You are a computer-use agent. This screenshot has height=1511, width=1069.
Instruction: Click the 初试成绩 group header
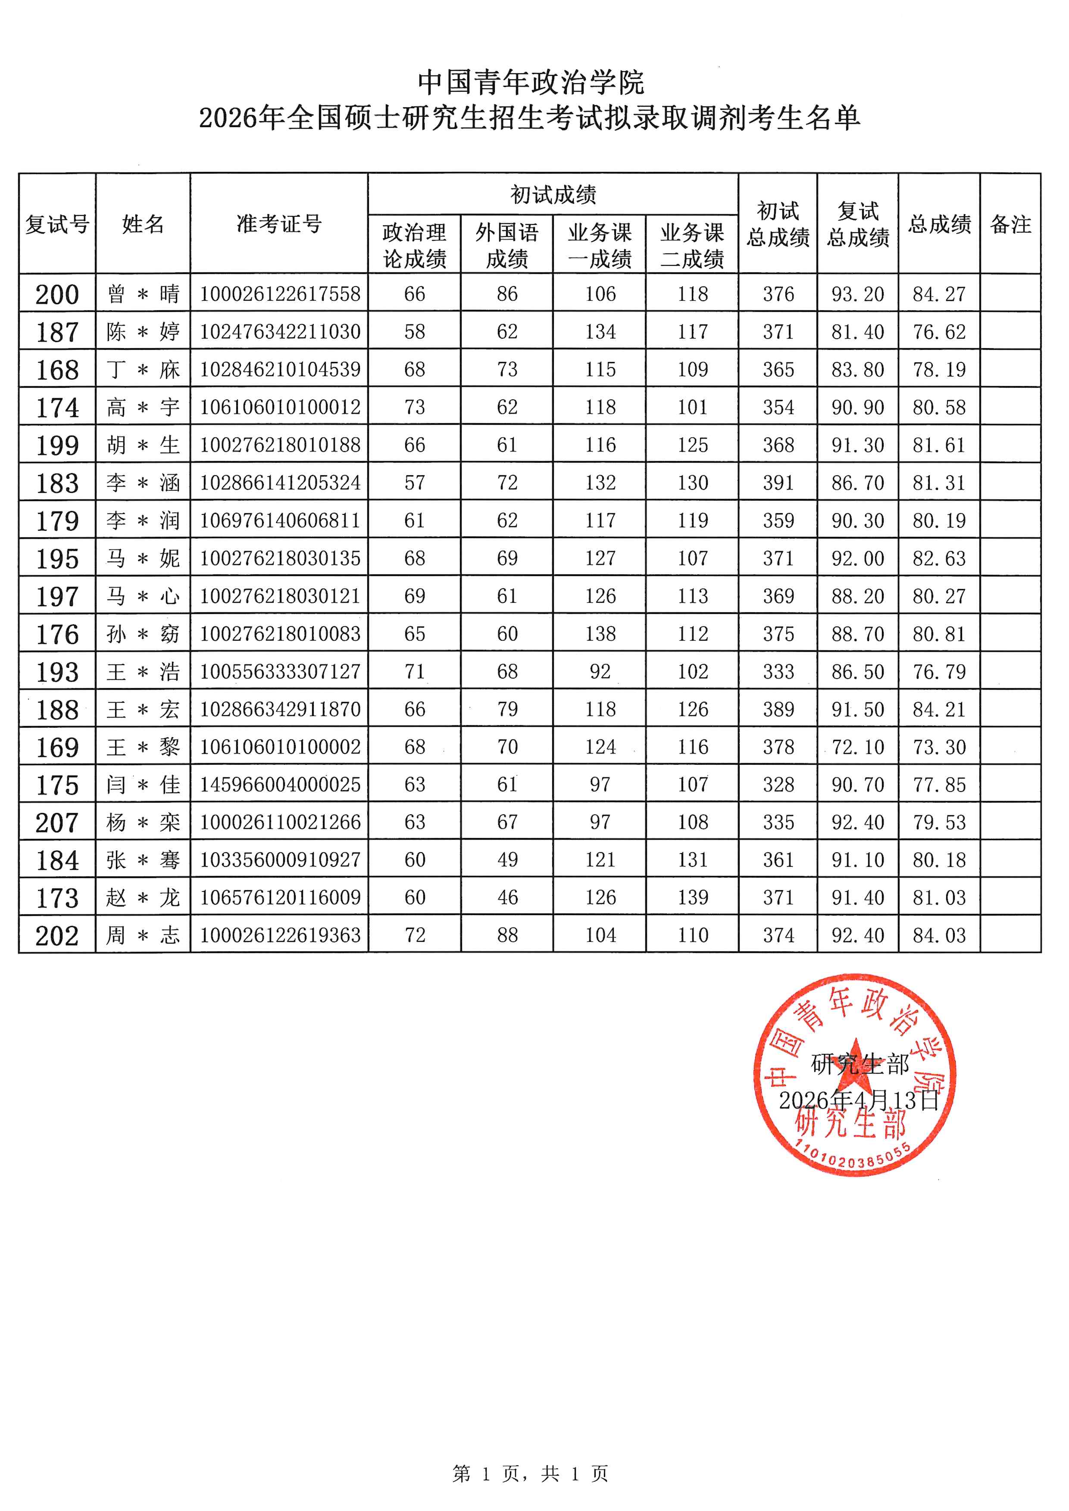tap(553, 195)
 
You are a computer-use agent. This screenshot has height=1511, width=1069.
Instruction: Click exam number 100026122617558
tap(280, 294)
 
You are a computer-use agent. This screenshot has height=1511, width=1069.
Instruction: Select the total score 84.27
tap(939, 294)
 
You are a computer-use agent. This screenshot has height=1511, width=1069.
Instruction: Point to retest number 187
tap(57, 332)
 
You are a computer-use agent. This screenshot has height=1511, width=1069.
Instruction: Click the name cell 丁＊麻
tap(143, 370)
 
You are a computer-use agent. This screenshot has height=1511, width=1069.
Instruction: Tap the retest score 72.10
tap(858, 748)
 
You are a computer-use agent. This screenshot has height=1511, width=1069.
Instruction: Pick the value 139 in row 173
tap(693, 897)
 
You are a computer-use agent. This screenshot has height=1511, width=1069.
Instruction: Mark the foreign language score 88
tap(507, 935)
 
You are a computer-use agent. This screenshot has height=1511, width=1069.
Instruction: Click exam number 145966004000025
tap(280, 785)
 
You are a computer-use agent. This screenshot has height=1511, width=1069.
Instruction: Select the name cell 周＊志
tap(143, 935)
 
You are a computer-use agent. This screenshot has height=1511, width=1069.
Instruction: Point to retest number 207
tap(57, 822)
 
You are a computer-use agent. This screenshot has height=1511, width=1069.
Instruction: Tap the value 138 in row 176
tap(600, 634)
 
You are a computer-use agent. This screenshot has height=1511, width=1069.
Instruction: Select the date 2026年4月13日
tap(858, 1100)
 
